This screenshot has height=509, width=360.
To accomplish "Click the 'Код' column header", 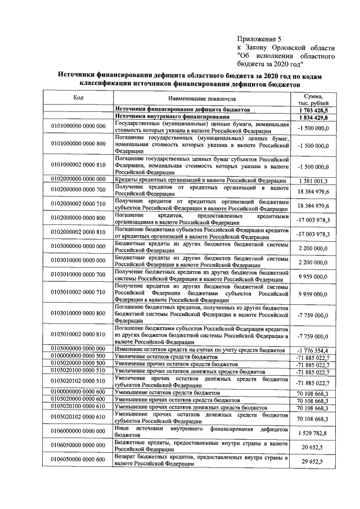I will coord(78,97).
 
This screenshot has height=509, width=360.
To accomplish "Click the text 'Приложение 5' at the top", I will coord(259,39).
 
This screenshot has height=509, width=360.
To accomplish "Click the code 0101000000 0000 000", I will coord(78,127).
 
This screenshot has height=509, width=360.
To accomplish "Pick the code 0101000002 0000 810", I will coord(78,166).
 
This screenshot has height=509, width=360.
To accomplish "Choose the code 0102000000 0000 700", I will coord(78,191).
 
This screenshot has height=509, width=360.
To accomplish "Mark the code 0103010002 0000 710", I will coord(78,293).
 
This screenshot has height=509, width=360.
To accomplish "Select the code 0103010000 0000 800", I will coord(78,313).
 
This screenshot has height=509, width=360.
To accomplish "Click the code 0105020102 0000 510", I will coord(78,382).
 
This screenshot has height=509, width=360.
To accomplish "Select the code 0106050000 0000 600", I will coord(78,461).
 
